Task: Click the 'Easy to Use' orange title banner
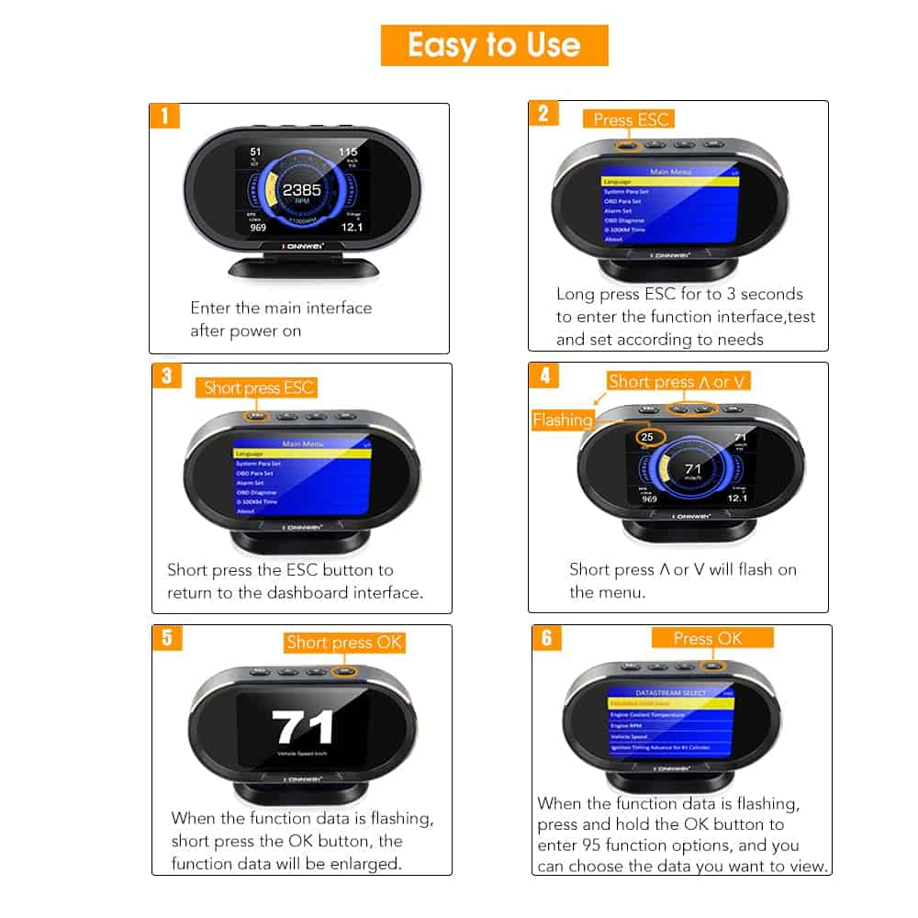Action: [494, 45]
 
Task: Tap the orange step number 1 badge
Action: [164, 117]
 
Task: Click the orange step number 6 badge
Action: [546, 637]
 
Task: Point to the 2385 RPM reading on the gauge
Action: [301, 190]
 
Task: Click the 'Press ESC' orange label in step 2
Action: [628, 118]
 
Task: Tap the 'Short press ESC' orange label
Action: [259, 387]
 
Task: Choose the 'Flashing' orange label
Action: [563, 420]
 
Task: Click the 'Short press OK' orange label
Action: [343, 643]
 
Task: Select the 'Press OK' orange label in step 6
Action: [707, 638]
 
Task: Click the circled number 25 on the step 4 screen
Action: [648, 438]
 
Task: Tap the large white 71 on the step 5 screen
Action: [304, 728]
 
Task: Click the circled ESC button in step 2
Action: [625, 144]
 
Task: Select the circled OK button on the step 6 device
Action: [709, 665]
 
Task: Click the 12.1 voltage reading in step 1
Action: [353, 226]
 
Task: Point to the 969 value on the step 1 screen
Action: [257, 227]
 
